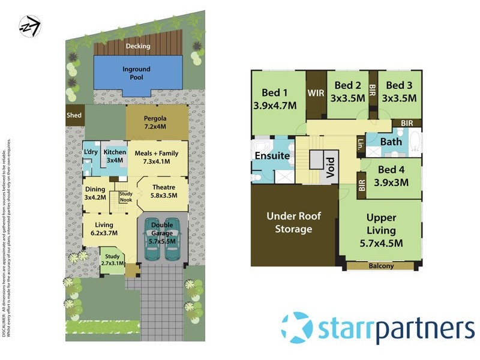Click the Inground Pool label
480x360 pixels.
pyautogui.click(x=137, y=73)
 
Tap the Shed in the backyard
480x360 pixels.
pyautogui.click(x=74, y=116)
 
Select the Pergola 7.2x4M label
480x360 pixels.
pyautogui.click(x=155, y=122)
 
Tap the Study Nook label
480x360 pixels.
pyautogui.click(x=125, y=196)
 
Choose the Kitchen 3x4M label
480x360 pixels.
pyautogui.click(x=115, y=156)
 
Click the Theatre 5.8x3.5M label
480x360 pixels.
pyautogui.click(x=163, y=191)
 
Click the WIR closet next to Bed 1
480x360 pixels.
pyautogui.click(x=316, y=94)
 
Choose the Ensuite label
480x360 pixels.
pyautogui.click(x=273, y=155)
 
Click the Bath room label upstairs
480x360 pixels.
pyautogui.click(x=391, y=142)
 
